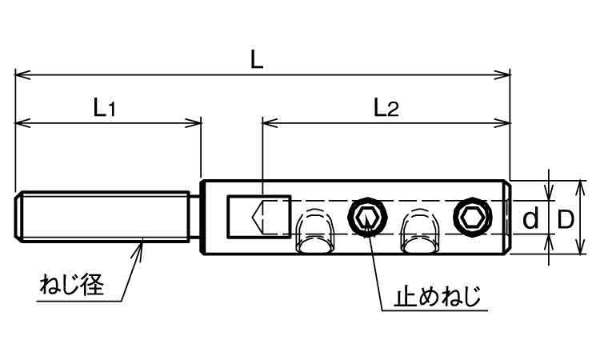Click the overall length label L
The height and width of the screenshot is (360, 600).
coord(255,61)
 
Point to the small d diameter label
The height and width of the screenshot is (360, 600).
coord(530,218)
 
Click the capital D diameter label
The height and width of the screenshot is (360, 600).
coord(566,218)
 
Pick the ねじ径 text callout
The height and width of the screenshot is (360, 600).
coord(71,285)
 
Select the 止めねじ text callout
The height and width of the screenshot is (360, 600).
coord(438,298)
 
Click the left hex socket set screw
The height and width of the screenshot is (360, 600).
coord(367,216)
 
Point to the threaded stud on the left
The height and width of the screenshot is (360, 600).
coord(100,218)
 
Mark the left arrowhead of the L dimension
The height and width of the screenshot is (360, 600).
coord(19,75)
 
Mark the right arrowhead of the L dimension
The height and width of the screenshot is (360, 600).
coord(506,75)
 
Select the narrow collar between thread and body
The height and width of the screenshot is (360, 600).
coord(194,218)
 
